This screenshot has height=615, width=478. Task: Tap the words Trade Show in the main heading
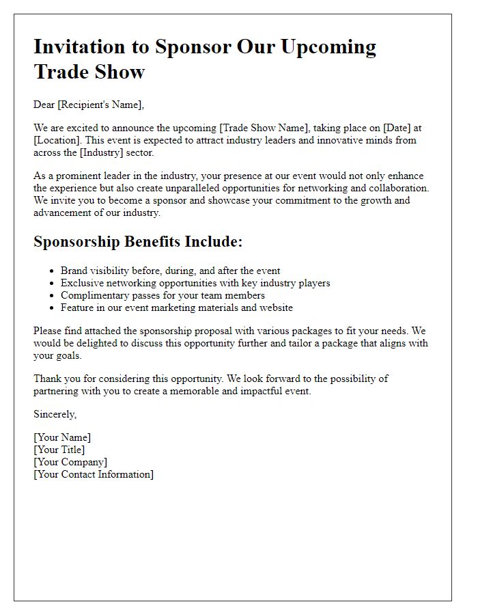pos(89,71)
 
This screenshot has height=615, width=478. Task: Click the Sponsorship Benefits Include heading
pos(138,242)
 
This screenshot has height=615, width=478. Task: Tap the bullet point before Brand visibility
pos(52,271)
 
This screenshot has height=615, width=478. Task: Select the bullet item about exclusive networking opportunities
pos(195,283)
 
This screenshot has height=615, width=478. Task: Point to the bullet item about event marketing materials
pos(176,307)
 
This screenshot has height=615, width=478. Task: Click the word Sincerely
pos(55,414)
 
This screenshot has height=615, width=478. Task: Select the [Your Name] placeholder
pos(62,437)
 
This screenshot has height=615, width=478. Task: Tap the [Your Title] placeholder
pos(59,450)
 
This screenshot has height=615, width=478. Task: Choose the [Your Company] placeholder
pos(70,462)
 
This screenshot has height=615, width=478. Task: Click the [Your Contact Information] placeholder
pos(94,474)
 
